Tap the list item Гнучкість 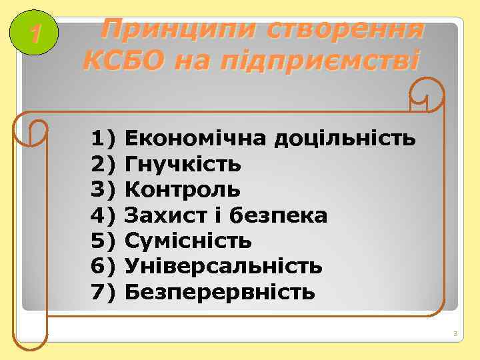[183, 165]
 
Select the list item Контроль [183, 190]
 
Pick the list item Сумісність [188, 241]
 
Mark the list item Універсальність [224, 267]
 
